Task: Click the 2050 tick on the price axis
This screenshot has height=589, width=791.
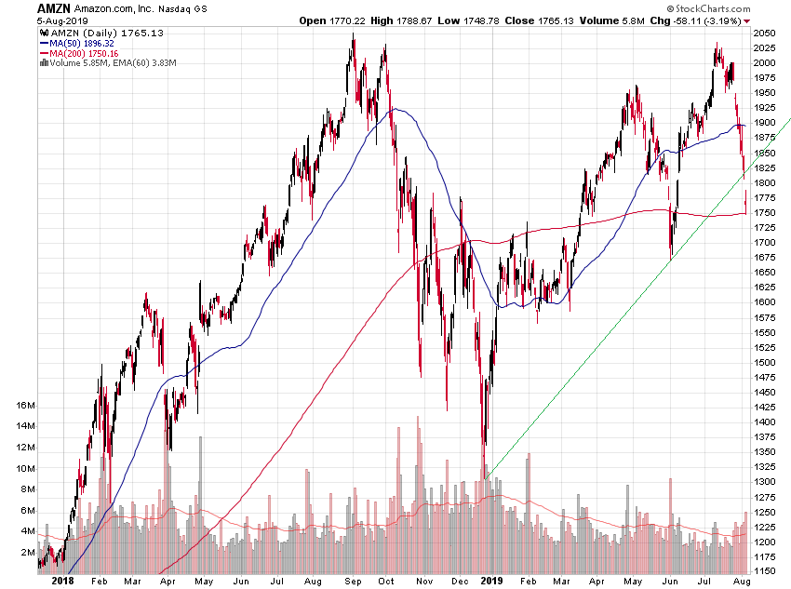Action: pyautogui.click(x=765, y=33)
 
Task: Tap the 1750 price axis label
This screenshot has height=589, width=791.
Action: pyautogui.click(x=765, y=212)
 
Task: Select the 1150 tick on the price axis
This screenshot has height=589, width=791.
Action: pyautogui.click(x=765, y=570)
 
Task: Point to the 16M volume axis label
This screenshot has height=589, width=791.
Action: pyautogui.click(x=25, y=406)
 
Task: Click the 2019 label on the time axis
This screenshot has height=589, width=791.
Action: pyautogui.click(x=490, y=581)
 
